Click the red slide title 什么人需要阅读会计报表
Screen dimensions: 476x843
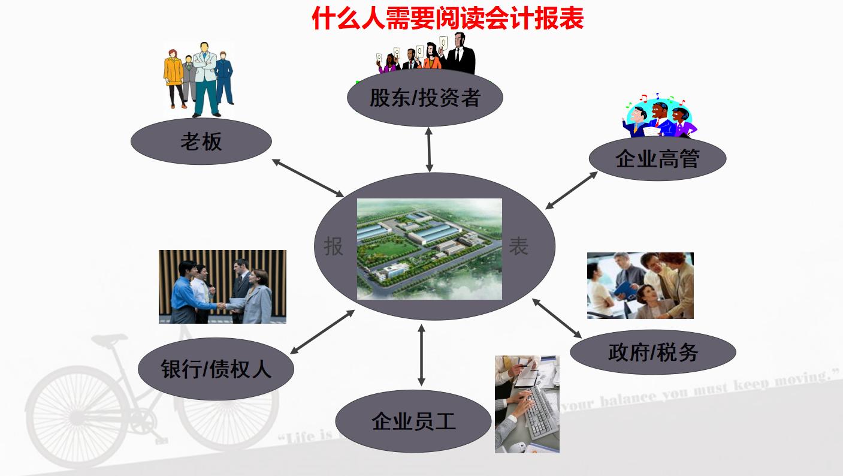(x=448, y=18)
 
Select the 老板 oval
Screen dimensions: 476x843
(x=201, y=141)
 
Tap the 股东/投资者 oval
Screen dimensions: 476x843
(x=425, y=98)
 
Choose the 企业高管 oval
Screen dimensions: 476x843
(x=657, y=159)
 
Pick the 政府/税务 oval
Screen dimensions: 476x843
(x=652, y=353)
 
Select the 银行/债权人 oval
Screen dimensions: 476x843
(x=216, y=368)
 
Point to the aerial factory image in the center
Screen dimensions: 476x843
(x=429, y=249)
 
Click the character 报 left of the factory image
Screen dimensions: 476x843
(x=334, y=246)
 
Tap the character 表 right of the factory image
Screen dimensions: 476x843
(x=518, y=246)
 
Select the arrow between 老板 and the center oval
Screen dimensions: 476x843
(x=308, y=178)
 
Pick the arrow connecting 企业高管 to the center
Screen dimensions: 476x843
(x=571, y=191)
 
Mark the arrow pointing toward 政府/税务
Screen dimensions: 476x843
(x=557, y=318)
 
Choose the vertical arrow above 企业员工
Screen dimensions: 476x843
(x=421, y=355)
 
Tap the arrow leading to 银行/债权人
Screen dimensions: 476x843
(x=322, y=332)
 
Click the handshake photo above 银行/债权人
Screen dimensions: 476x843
(x=222, y=287)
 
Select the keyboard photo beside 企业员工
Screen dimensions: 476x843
(x=527, y=403)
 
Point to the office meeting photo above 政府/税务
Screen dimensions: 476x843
(x=640, y=285)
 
